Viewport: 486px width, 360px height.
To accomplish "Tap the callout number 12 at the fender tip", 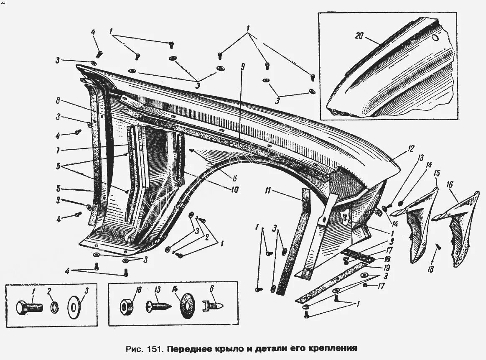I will pyautogui.click(x=411, y=148).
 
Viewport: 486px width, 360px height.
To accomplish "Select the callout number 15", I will pyautogui.click(x=437, y=173).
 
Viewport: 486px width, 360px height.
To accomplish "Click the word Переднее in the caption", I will pyautogui.click(x=192, y=347).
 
